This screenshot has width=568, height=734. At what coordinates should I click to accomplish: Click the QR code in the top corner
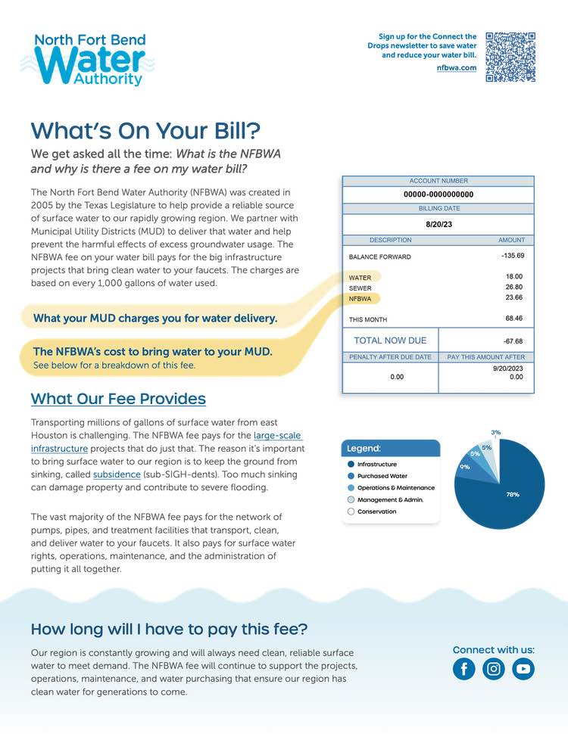click(510, 57)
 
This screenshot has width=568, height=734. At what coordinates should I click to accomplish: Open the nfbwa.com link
click(457, 68)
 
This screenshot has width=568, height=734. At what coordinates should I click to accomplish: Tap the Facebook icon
click(464, 669)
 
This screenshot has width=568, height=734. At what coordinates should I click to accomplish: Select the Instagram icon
click(494, 669)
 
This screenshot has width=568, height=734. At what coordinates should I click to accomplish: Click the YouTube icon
click(523, 669)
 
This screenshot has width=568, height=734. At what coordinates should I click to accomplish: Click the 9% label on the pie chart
click(464, 467)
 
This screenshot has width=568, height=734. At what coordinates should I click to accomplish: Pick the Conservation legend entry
click(376, 512)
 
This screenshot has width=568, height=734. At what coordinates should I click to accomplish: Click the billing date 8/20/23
click(438, 225)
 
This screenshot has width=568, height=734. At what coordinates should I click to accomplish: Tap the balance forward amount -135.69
click(513, 256)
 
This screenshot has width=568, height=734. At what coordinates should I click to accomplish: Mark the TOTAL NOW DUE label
click(390, 341)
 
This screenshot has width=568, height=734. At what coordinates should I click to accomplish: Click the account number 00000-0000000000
click(438, 194)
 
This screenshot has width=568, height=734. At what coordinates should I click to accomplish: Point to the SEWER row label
click(360, 288)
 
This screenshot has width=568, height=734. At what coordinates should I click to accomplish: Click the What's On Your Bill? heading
click(145, 130)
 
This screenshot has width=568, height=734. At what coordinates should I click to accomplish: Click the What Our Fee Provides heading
click(118, 399)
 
